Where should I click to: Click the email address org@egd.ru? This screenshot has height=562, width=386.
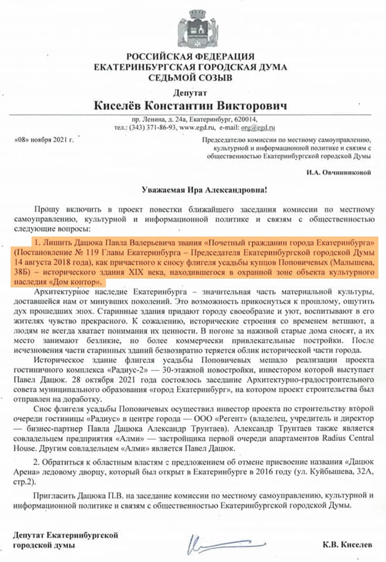tap(261, 127)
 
